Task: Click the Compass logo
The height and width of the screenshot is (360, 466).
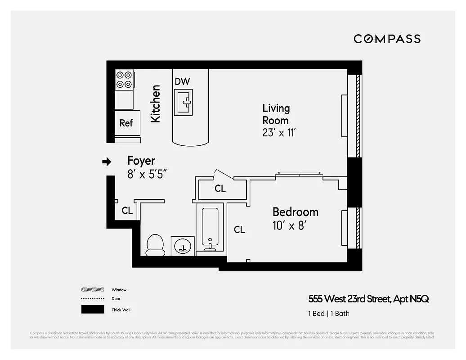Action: [387, 39]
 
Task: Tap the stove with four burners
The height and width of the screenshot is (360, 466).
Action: [124, 80]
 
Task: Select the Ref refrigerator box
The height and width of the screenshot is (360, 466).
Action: [126, 123]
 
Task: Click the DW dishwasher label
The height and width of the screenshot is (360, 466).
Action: [182, 81]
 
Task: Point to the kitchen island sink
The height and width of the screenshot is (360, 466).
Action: [183, 102]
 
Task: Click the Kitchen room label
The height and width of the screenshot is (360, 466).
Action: [155, 103]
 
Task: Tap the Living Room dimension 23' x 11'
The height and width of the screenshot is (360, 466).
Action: [279, 133]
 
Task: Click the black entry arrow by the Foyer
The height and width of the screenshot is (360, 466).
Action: [107, 162]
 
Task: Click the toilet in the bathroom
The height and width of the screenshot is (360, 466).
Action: [155, 245]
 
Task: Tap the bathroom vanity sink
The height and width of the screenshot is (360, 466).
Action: [183, 246]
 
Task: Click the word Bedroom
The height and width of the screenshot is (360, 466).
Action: [295, 212]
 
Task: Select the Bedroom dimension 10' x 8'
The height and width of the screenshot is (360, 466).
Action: [289, 225]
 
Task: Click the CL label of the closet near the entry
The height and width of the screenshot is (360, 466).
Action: [127, 211]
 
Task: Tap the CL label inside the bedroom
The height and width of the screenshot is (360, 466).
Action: [239, 230]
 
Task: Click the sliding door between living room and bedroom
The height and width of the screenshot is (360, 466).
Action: [299, 174]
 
